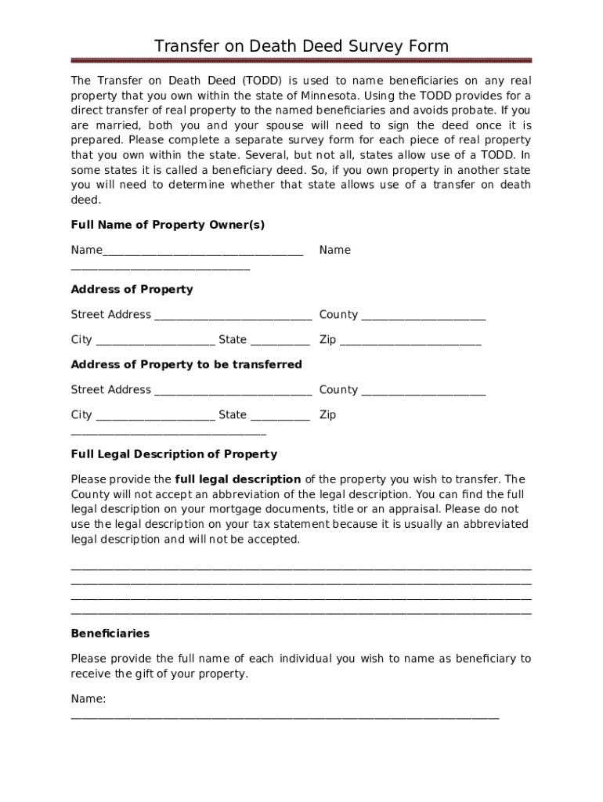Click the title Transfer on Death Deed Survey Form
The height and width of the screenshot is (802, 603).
(301, 46)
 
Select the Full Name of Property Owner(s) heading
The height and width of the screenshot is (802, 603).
(168, 225)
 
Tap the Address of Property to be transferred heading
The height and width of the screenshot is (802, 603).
(186, 364)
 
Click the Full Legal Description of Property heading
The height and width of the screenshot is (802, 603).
(174, 454)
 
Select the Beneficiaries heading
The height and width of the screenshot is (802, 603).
(110, 633)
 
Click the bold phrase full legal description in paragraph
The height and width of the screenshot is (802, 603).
(238, 479)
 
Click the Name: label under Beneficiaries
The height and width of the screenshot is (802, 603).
(88, 699)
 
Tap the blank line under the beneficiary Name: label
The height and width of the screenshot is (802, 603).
(284, 717)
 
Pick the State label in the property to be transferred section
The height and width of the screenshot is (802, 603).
(233, 414)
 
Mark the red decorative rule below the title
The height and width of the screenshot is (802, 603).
(301, 60)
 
